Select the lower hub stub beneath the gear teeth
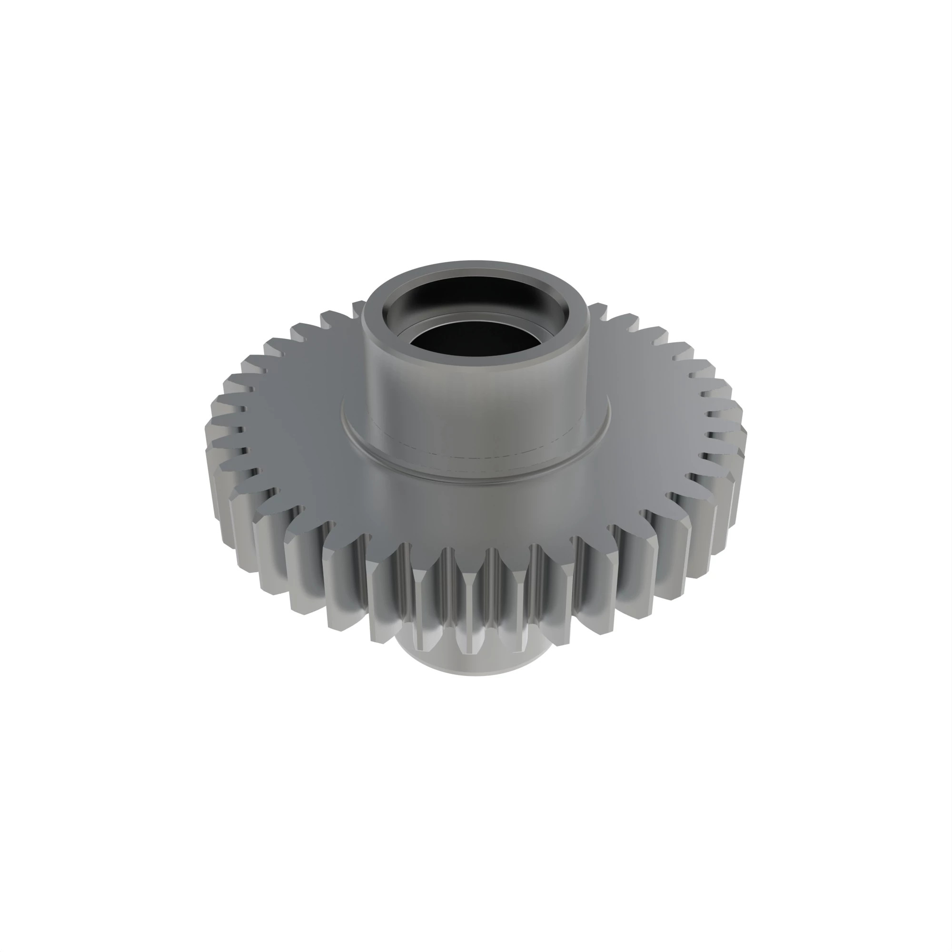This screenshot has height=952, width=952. (x=473, y=663)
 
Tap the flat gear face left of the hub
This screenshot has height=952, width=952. (x=300, y=434)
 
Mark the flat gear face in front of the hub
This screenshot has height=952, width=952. (x=473, y=513)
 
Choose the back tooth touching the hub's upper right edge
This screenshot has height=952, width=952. (x=597, y=309)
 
